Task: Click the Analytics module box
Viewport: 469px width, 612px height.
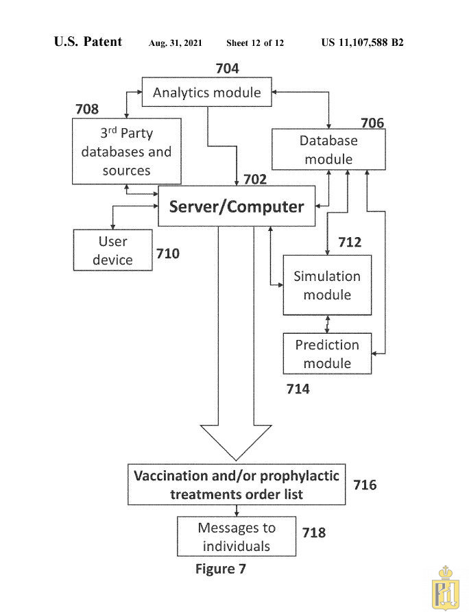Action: tap(206, 93)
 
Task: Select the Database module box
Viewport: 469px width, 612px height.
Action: tap(328, 150)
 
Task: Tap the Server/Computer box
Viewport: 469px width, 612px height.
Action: tap(237, 206)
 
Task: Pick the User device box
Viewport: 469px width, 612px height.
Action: tap(112, 250)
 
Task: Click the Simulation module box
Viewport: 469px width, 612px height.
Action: tap(327, 285)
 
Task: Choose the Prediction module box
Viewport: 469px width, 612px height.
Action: tap(327, 354)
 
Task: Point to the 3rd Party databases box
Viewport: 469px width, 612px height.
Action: tap(126, 151)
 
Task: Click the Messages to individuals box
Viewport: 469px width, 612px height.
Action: tap(237, 537)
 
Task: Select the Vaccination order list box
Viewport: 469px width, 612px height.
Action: tap(237, 485)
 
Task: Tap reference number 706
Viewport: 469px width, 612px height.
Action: tap(372, 123)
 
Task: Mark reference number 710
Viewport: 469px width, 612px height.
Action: tap(167, 254)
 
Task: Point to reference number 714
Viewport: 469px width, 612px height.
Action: tap(297, 389)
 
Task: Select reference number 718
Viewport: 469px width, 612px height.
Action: tap(313, 533)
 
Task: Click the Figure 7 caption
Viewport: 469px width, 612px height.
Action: tap(220, 569)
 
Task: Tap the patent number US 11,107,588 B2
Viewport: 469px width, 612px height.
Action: tap(362, 42)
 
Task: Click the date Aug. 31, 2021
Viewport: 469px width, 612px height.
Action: tap(175, 43)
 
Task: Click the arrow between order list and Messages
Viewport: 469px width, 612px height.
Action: tap(237, 511)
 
